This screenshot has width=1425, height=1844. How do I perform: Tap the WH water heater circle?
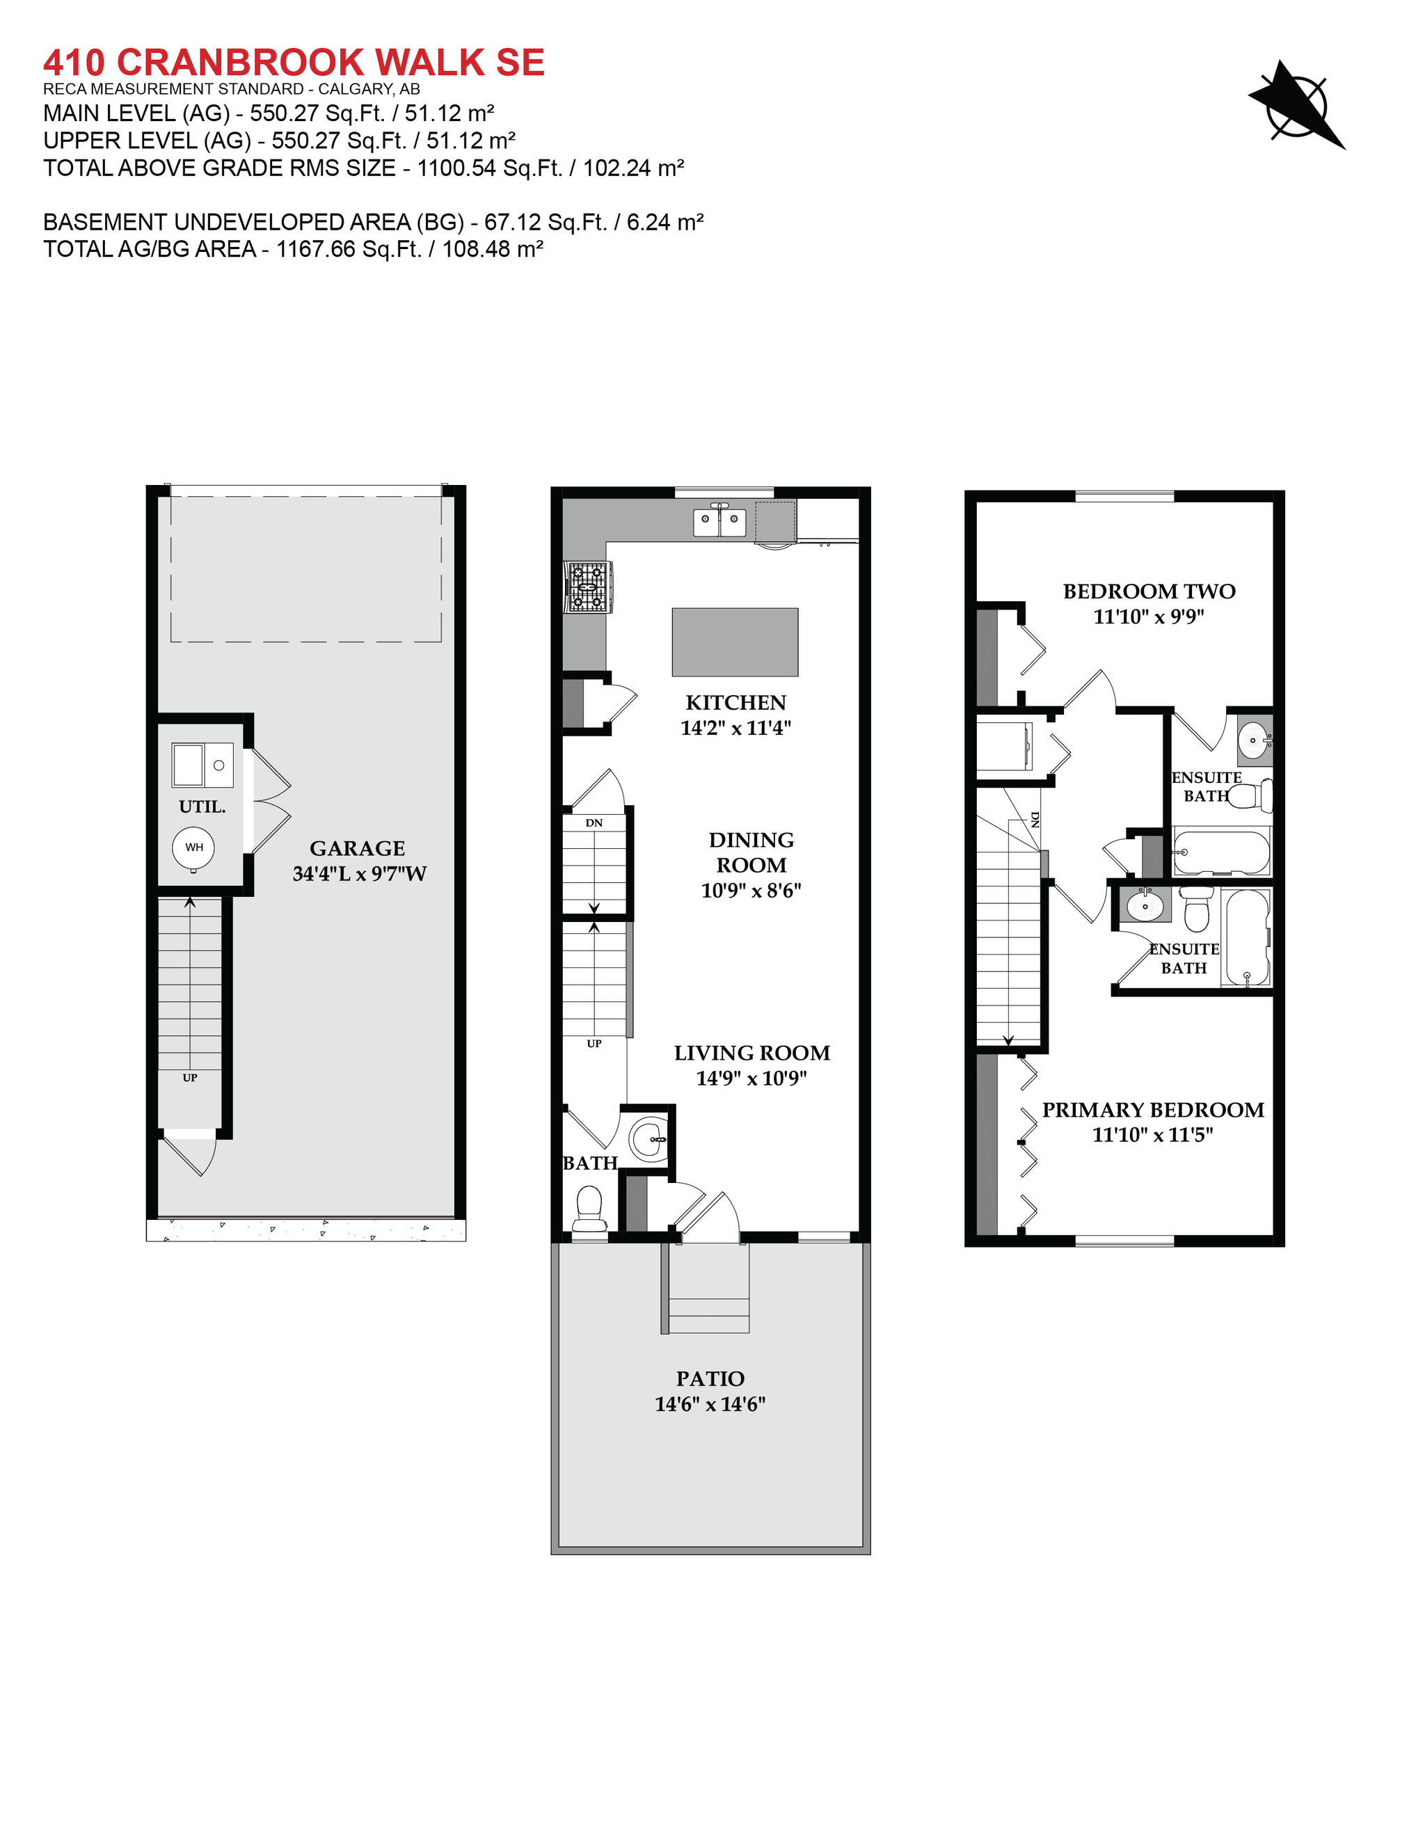click(x=193, y=847)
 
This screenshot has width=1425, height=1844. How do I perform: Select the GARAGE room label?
click(x=357, y=848)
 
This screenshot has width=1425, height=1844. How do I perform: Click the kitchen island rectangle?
click(x=735, y=642)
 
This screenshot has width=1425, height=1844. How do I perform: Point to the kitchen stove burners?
click(x=587, y=587)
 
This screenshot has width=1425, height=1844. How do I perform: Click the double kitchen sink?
click(x=719, y=522)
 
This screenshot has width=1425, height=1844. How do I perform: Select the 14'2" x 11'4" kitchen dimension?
click(x=735, y=728)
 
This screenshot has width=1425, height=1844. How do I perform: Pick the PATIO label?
click(x=710, y=1378)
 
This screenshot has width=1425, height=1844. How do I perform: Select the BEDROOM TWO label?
click(x=1149, y=591)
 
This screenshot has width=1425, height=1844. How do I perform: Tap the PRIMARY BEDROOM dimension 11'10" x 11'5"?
click(x=1152, y=1135)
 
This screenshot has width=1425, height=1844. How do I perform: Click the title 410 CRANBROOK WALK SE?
click(x=294, y=63)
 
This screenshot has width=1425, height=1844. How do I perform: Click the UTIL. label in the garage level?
click(x=202, y=807)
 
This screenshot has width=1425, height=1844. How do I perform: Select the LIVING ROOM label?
click(x=751, y=1053)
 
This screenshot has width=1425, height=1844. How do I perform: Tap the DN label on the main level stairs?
click(x=594, y=822)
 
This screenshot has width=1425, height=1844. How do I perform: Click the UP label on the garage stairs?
click(x=190, y=1077)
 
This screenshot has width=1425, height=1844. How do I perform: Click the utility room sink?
click(x=202, y=765)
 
